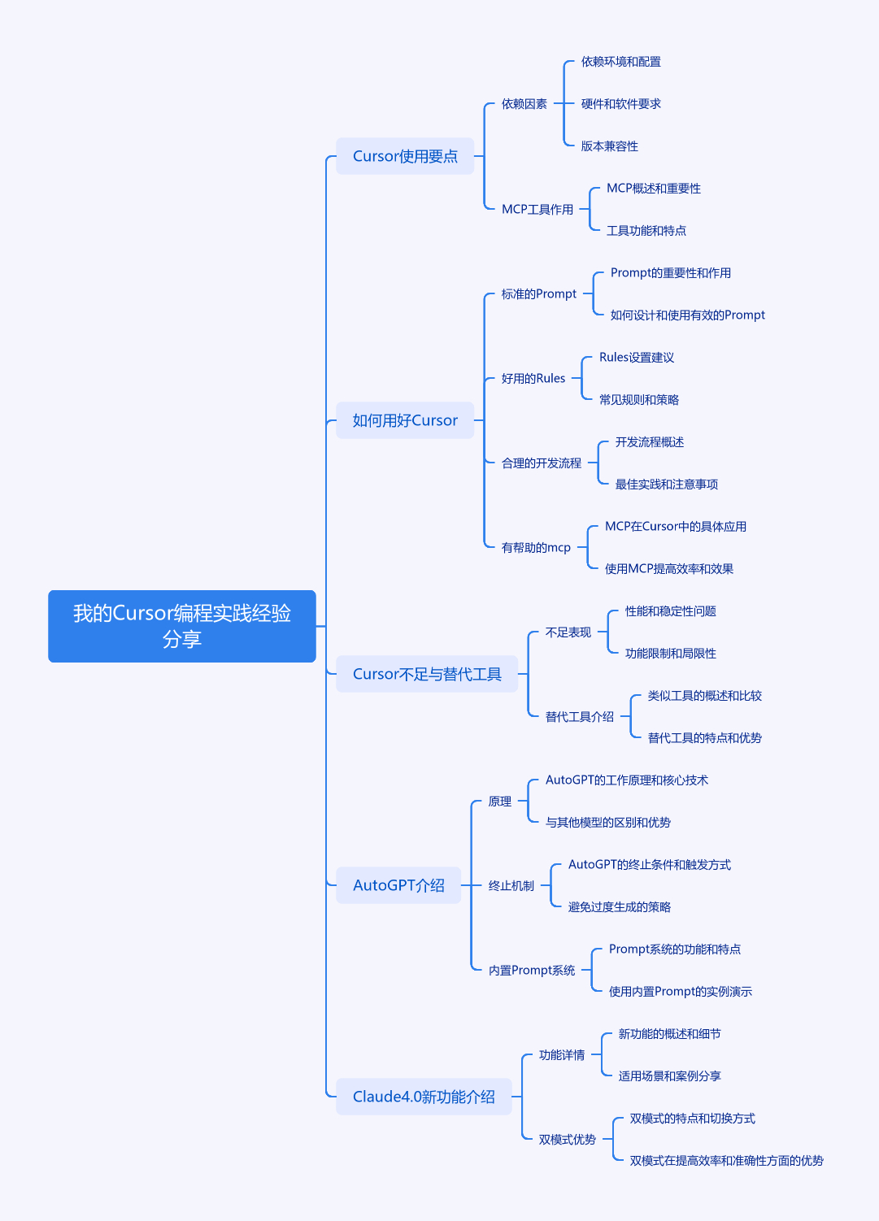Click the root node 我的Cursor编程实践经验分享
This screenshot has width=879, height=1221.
coord(182,626)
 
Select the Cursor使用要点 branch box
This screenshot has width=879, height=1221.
coord(405,156)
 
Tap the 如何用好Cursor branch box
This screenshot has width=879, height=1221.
coord(405,420)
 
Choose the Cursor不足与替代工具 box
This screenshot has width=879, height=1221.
coord(427,674)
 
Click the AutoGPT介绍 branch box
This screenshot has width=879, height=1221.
coord(398,885)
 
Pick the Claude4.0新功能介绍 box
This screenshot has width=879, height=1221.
coord(424,1097)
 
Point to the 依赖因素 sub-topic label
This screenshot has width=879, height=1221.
coord(524,103)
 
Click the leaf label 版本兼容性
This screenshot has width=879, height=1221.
coord(610,146)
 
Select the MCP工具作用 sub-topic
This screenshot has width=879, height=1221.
coord(537,209)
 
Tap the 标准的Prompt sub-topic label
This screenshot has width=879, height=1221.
coord(539,293)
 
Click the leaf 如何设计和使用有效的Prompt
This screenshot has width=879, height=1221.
coord(688,315)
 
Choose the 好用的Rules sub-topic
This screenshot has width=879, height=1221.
coord(533,378)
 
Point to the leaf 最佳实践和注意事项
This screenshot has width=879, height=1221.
coord(666,484)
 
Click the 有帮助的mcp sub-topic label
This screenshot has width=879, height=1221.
coord(536,547)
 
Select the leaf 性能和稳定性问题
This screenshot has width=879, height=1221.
coord(671,611)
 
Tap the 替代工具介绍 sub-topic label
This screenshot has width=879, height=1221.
coord(580,717)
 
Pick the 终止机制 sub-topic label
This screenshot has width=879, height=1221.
coord(511,886)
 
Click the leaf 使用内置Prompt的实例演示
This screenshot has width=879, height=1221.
coord(681,992)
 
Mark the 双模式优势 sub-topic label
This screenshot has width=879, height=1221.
coord(567,1139)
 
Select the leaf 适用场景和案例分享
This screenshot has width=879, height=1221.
coord(669,1076)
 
